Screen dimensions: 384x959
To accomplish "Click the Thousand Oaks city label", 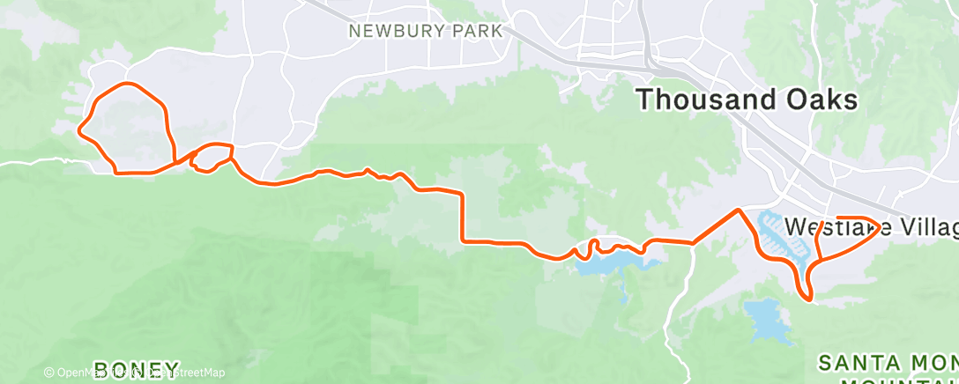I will click(x=747, y=100).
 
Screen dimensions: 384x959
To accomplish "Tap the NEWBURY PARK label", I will click(x=425, y=31).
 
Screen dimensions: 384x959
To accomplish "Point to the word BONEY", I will click(x=137, y=368).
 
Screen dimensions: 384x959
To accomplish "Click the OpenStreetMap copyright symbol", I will click(x=49, y=373).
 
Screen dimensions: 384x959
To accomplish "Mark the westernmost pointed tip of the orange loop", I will click(x=79, y=132).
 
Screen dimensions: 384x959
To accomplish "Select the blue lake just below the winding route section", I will click(x=608, y=262).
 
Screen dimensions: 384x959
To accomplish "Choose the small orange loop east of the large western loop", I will click(x=212, y=157).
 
